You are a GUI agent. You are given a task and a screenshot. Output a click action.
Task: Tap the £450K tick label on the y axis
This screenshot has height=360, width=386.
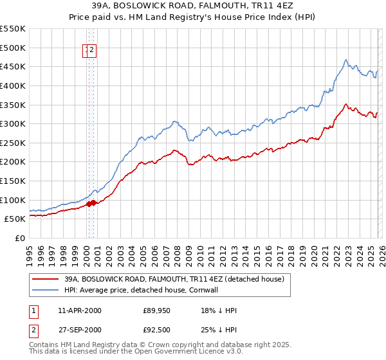click(x=13, y=66)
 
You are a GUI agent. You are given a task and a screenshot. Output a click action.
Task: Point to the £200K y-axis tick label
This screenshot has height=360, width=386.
click(x=13, y=161)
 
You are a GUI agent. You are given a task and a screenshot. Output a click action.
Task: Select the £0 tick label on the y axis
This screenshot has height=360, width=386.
click(x=21, y=238)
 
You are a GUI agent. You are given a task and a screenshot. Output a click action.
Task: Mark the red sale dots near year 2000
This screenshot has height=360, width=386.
click(x=91, y=203)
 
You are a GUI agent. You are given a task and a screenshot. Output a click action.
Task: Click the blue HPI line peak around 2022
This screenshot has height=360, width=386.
click(x=345, y=60)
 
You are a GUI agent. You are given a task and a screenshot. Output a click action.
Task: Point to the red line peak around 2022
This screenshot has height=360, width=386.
click(x=345, y=104)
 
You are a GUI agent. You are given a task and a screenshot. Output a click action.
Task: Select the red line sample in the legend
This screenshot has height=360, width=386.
click(x=45, y=279)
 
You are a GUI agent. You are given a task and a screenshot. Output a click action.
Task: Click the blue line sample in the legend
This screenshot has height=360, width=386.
click(x=45, y=290)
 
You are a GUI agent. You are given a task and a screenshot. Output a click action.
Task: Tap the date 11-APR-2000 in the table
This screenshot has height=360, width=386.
click(x=80, y=310)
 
